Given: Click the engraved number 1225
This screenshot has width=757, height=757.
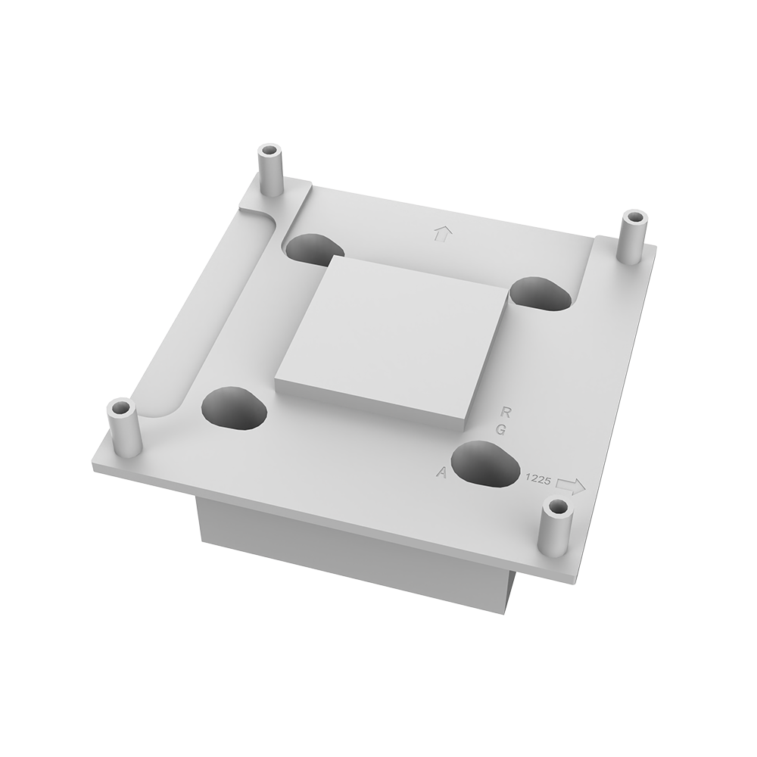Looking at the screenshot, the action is pos(537,478).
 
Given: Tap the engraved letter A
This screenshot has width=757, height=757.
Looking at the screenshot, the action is pos(441,472).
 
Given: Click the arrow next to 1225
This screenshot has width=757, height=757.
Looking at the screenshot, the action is pos(571,486).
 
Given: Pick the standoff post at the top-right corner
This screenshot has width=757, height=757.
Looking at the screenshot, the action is pos(634,236).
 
